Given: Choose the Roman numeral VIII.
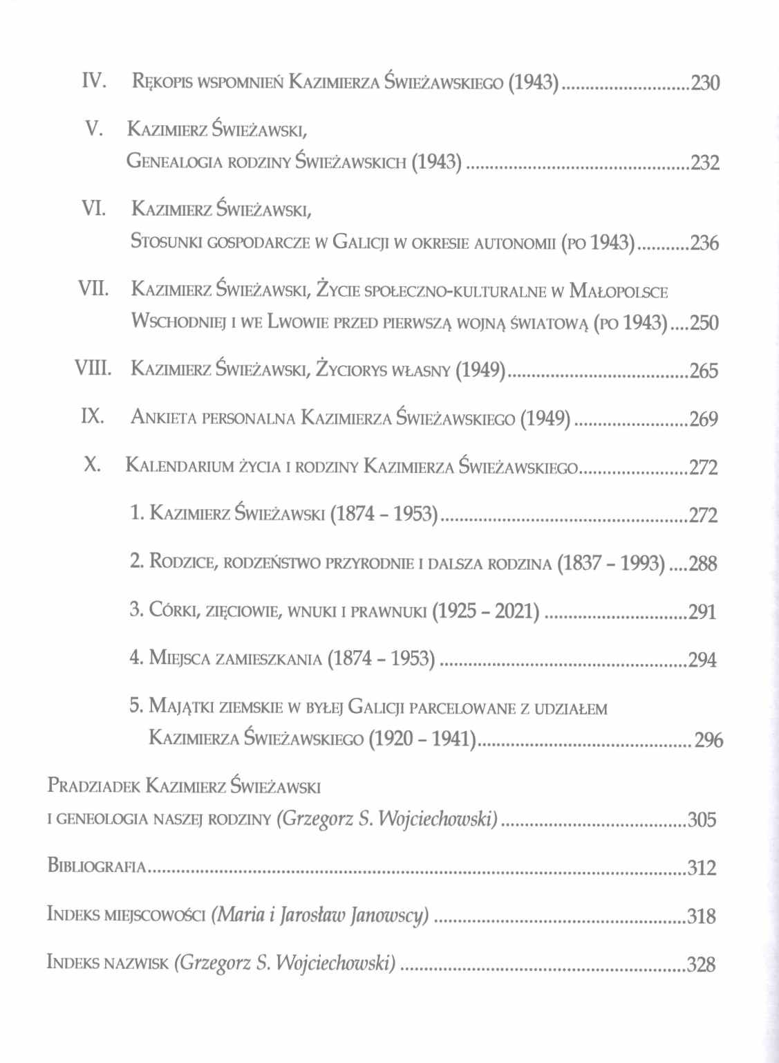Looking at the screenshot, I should pyautogui.click(x=91, y=369).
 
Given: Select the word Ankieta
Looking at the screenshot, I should pyautogui.click(x=162, y=418).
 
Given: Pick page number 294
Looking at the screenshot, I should pyautogui.click(x=702, y=660).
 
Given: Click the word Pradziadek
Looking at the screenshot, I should pyautogui.click(x=94, y=786).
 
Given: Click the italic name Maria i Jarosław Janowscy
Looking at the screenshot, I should pyautogui.click(x=321, y=916).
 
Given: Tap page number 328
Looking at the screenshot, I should pyautogui.click(x=701, y=964).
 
